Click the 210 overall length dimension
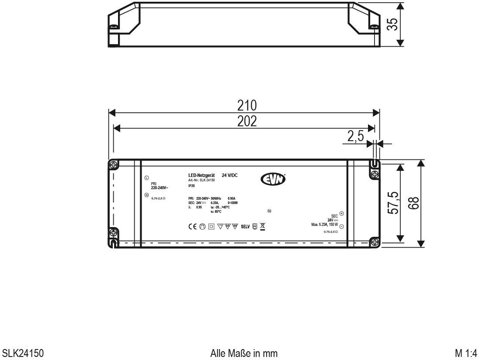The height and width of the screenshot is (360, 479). point(246,106)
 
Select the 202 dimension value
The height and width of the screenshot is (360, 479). point(246,121)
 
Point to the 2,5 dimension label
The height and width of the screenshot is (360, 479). point(355,136)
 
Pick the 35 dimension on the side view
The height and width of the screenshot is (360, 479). point(393,24)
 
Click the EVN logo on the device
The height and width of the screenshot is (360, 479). point(273,179)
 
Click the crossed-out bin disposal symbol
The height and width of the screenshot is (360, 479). point(263,226)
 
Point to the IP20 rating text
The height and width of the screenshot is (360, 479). point(191,186)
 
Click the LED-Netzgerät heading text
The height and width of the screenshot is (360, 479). point(201,175)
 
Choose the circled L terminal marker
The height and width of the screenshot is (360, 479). point(146,178)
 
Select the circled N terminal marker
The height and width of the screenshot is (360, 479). point(146,195)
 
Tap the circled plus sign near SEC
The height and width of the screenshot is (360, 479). point(342,214)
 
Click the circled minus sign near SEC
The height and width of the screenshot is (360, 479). point(342,227)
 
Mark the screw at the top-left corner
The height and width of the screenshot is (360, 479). point(113,165)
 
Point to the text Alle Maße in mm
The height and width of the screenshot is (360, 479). point(243,352)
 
